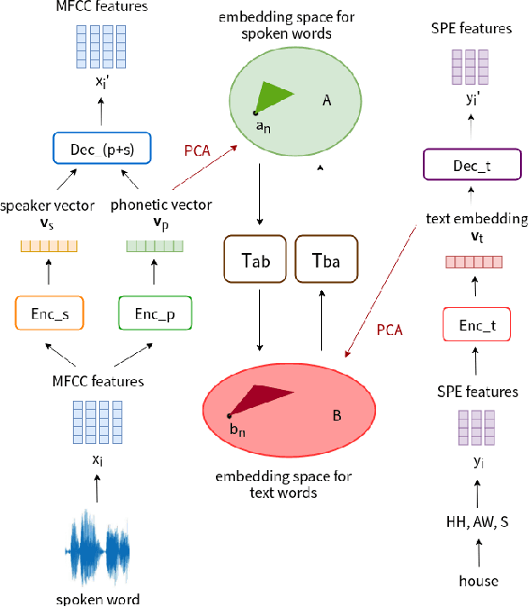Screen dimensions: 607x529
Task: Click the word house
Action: [478, 580]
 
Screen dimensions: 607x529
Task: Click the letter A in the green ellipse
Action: [327, 102]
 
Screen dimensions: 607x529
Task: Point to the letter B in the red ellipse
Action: [336, 416]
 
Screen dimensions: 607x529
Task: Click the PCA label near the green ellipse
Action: [197, 150]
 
